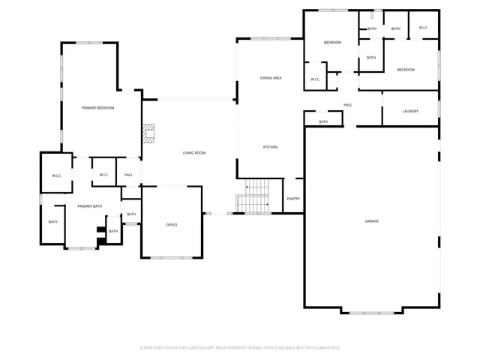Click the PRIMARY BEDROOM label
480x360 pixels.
pyautogui.click(x=98, y=108)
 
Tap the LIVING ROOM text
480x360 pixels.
pyautogui.click(x=194, y=153)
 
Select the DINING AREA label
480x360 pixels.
pyautogui.click(x=271, y=78)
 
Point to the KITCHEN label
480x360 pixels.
pyautogui.click(x=270, y=147)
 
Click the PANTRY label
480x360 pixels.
pyautogui.click(x=293, y=199)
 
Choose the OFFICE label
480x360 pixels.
pyautogui.click(x=172, y=225)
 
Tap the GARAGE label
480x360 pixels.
pyautogui.click(x=371, y=221)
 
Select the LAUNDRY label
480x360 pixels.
pyautogui.click(x=409, y=112)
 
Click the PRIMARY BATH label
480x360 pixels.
pyautogui.click(x=89, y=206)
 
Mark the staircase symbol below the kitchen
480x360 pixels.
pyautogui.click(x=253, y=196)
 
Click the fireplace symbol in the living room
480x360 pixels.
pyautogui.click(x=148, y=133)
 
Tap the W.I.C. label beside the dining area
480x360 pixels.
pyautogui.click(x=315, y=79)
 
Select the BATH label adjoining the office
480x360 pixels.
pyautogui.click(x=131, y=214)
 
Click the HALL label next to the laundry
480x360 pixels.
pyautogui.click(x=348, y=105)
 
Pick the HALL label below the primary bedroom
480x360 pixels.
pyautogui.click(x=128, y=175)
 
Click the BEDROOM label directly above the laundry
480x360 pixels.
pyautogui.click(x=406, y=70)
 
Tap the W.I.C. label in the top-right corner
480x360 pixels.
pyautogui.click(x=423, y=28)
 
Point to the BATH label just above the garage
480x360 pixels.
pyautogui.click(x=323, y=121)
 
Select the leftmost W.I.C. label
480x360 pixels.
pyautogui.click(x=56, y=175)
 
